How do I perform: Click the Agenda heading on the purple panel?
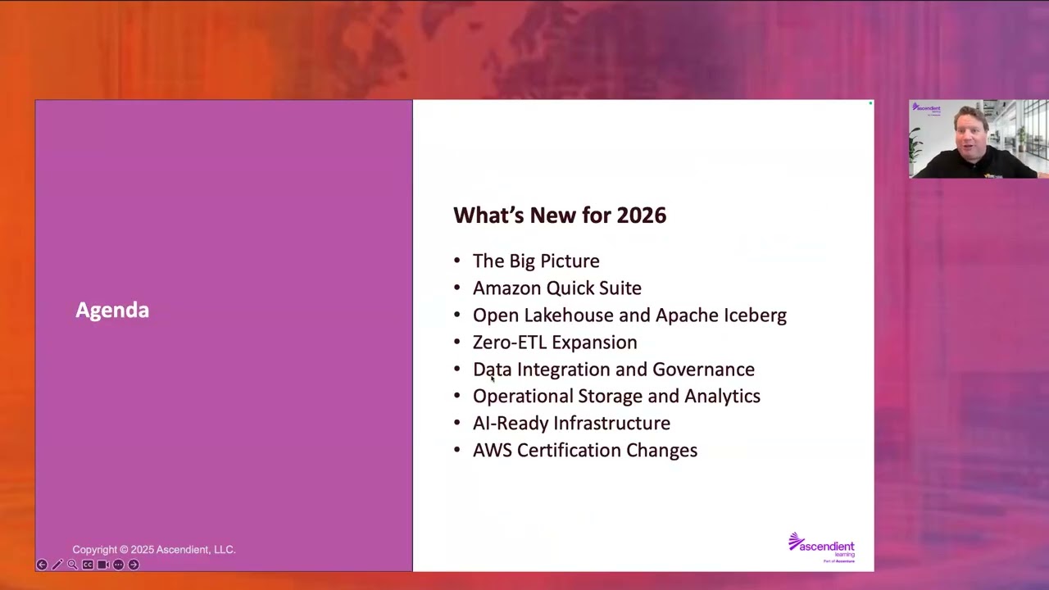point(112,310)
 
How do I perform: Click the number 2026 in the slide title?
point(641,216)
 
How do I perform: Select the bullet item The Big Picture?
point(536,261)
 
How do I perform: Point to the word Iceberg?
point(754,315)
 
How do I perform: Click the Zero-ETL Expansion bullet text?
point(555,343)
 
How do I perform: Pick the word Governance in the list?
point(703,370)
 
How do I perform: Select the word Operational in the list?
point(523,397)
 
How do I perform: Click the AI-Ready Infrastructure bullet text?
point(571,424)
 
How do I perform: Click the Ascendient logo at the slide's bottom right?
point(821,547)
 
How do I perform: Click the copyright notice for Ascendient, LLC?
point(154,550)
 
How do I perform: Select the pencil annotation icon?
point(57,565)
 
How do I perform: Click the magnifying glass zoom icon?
point(72,565)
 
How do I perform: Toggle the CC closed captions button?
point(88,565)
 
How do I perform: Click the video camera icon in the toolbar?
point(103,565)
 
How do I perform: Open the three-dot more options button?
point(118,565)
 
